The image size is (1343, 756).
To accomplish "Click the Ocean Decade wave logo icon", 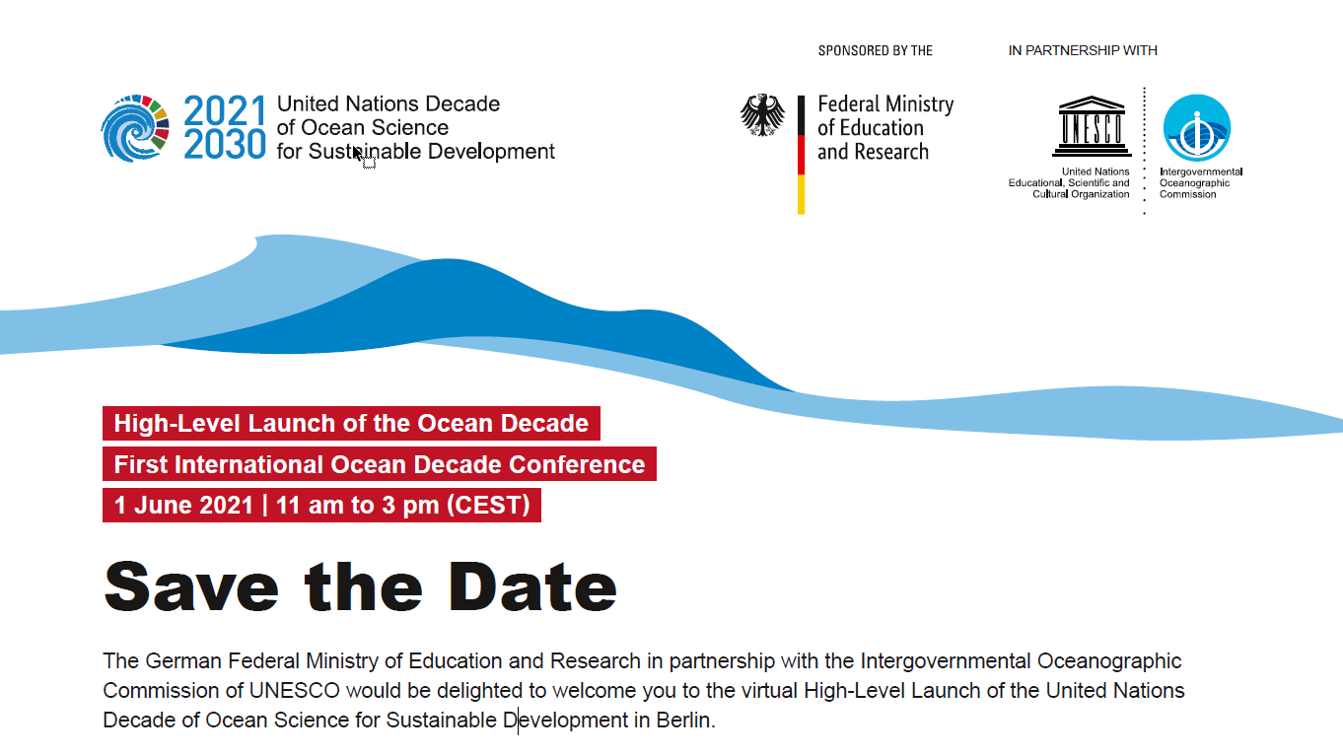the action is point(135,128).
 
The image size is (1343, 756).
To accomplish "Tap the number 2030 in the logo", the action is point(224,145).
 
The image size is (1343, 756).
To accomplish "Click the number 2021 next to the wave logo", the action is point(224,111).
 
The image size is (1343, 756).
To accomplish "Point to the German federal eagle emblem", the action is point(762,114).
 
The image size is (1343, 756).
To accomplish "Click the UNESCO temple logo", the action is point(1092,126).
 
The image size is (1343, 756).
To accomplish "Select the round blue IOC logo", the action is point(1197,127).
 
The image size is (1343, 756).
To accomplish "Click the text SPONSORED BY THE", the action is point(876,51).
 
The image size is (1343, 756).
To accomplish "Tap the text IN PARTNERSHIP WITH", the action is point(1083,51).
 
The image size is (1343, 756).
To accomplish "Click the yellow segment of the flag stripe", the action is point(801,194).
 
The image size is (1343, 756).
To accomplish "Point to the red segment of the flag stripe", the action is point(801,155).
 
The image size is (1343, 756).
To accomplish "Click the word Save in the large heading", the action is point(191,586).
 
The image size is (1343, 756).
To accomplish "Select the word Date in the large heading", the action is point(532,586).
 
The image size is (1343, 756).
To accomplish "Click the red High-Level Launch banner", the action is point(351,423).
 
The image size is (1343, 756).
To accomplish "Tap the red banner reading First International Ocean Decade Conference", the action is point(380,464).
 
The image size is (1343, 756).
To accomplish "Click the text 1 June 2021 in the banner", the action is point(183,505).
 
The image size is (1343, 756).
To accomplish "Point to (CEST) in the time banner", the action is point(489,505).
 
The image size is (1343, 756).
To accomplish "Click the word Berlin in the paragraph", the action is point(683,721).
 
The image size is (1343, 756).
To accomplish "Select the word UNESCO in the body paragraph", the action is point(295,691).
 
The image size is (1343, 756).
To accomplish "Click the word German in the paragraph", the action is point(183,661).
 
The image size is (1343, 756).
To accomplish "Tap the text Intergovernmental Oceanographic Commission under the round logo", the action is point(1201,183).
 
